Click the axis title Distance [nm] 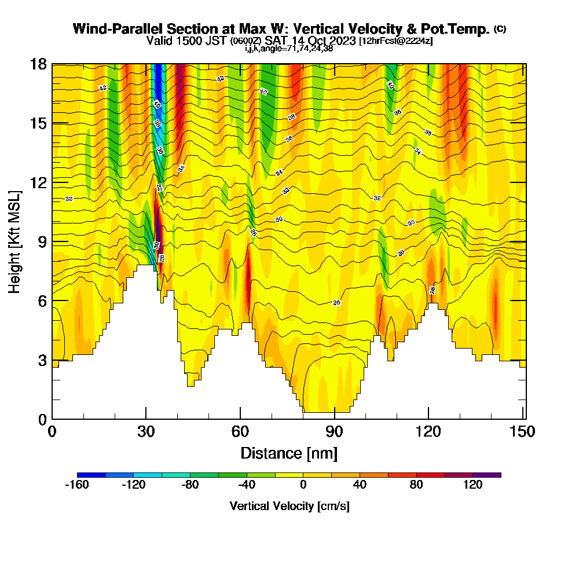[x=289, y=452]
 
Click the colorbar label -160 [x=77, y=485]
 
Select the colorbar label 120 [x=473, y=485]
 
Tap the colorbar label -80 [x=190, y=485]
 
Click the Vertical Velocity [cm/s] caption [x=289, y=506]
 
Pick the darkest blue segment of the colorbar [x=91, y=475]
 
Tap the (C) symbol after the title [x=500, y=29]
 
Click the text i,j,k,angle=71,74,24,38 [x=289, y=48]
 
